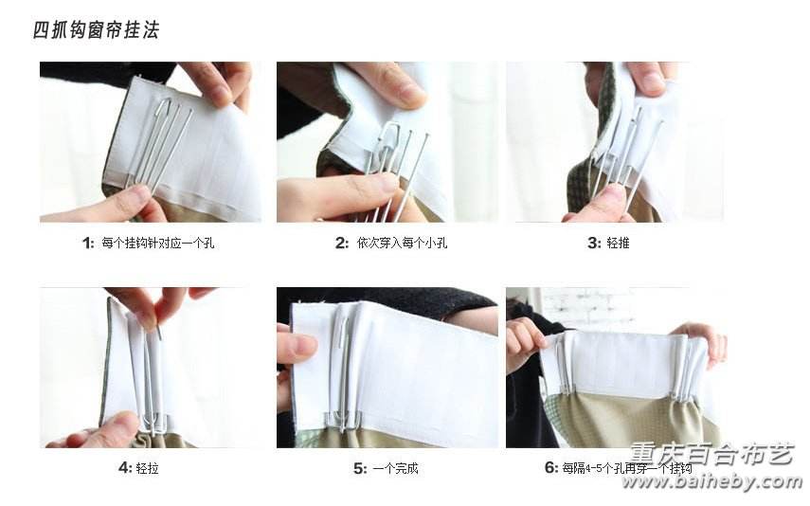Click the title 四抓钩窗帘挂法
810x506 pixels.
coord(96,30)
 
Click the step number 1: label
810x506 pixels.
coord(88,243)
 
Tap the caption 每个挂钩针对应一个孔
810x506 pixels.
coord(158,243)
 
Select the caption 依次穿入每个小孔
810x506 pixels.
coord(402,243)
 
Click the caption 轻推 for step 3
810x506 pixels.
coord(618,243)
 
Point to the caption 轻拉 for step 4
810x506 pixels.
coord(147,468)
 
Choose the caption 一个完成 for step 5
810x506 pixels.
coord(395,468)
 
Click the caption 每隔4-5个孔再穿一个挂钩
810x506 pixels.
coord(627,468)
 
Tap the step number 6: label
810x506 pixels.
coord(551,468)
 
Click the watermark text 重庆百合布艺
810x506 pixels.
coord(711,454)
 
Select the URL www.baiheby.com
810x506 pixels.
coord(711,482)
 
